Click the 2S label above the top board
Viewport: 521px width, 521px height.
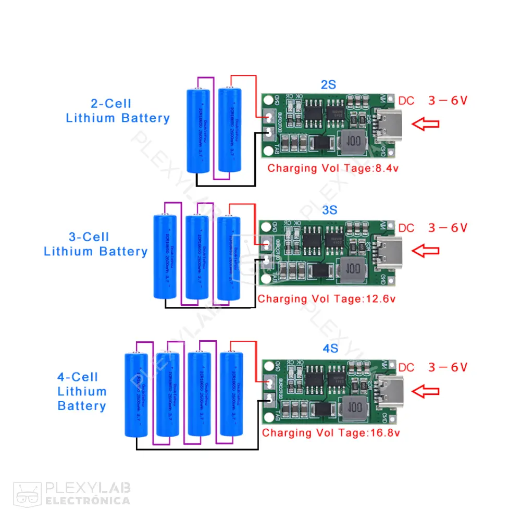(x=328, y=85)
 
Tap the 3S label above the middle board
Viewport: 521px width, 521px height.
(x=330, y=210)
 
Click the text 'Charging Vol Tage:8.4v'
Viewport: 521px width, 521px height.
(x=333, y=168)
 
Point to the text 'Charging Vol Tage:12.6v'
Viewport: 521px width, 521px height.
(x=327, y=299)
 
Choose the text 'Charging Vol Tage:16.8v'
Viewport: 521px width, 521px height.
(x=331, y=433)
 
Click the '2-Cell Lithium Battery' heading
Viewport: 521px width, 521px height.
(x=118, y=111)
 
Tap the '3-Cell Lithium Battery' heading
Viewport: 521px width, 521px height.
(x=96, y=244)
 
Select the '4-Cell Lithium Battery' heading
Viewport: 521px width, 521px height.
(x=82, y=391)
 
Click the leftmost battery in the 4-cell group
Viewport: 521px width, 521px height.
(x=137, y=395)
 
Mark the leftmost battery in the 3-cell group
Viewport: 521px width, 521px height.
(x=166, y=256)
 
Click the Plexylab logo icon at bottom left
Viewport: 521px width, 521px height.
(x=27, y=493)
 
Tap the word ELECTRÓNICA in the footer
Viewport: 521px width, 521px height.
(x=88, y=501)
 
